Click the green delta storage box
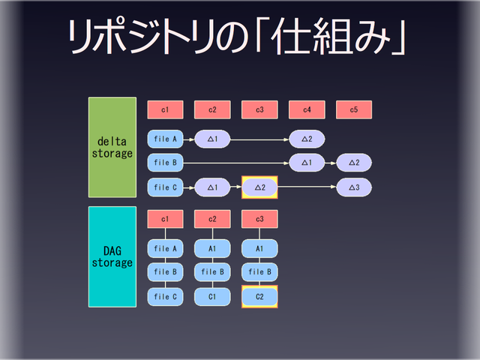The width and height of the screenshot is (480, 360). (x=112, y=147)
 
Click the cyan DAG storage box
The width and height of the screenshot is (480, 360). (x=112, y=256)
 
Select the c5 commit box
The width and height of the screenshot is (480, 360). (x=354, y=110)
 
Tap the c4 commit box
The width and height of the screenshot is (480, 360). (x=307, y=110)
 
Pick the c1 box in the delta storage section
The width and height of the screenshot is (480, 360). (x=165, y=110)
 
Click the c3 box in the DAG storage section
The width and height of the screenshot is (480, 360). (x=259, y=219)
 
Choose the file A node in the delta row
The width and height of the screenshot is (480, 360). (x=165, y=139)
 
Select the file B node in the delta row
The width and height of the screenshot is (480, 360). (x=165, y=162)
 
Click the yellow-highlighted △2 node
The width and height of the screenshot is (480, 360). (x=259, y=187)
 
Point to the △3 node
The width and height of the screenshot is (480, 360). (x=354, y=187)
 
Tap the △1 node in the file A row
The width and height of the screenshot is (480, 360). (x=212, y=139)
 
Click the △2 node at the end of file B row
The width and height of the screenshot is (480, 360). (x=354, y=162)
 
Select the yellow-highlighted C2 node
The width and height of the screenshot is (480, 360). (x=259, y=297)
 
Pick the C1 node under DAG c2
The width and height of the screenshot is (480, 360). (x=212, y=297)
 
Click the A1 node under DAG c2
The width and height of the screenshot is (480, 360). (x=212, y=248)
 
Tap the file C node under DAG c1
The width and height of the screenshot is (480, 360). (x=165, y=297)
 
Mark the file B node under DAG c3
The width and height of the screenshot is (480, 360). (x=259, y=272)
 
